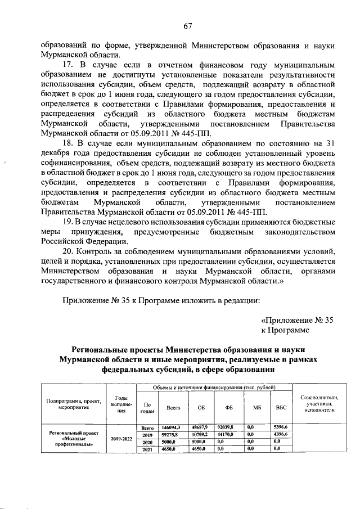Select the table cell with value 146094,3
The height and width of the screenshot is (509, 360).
click(x=169, y=428)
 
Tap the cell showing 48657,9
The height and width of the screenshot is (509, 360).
click(x=200, y=428)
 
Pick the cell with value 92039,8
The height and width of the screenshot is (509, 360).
click(x=228, y=428)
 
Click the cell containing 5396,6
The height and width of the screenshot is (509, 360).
click(x=280, y=428)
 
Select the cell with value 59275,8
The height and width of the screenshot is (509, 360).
click(x=169, y=435)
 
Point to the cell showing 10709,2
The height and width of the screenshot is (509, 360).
click(x=200, y=435)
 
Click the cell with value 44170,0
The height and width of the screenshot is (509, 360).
click(x=228, y=435)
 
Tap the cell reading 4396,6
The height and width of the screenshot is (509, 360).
click(x=280, y=435)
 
